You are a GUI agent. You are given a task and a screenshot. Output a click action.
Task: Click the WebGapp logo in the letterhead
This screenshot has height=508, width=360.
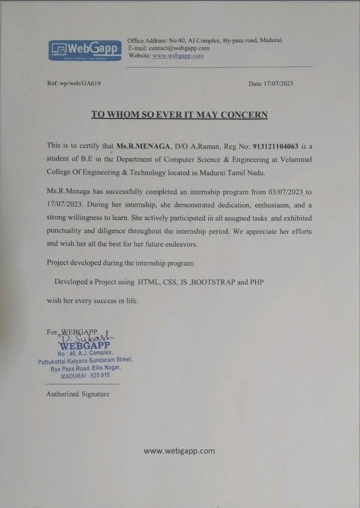[85, 50]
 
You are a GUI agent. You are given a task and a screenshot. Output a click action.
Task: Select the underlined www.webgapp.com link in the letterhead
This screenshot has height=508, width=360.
[178, 56]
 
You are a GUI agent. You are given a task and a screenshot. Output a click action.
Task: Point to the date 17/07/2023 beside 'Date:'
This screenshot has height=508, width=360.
[278, 83]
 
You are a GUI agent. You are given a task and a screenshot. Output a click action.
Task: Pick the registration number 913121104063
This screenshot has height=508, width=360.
[275, 146]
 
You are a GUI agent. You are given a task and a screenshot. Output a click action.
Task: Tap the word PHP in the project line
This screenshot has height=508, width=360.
[257, 282]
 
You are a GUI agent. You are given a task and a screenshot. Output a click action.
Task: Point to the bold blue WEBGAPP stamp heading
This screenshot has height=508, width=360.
[84, 345]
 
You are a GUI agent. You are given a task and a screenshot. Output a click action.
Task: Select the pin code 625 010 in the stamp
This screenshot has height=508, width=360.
[101, 375]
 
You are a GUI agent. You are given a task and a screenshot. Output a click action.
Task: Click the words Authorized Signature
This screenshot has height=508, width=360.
[77, 394]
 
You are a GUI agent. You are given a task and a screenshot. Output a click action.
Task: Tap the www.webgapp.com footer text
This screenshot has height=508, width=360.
[179, 450]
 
